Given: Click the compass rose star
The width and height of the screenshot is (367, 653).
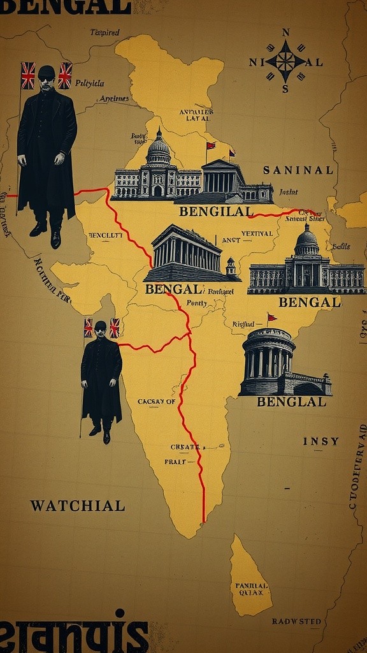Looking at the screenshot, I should click(285, 62).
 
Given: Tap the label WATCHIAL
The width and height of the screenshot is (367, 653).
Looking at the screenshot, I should click(77, 506).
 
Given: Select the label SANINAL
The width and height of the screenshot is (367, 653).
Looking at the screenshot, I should click(298, 170).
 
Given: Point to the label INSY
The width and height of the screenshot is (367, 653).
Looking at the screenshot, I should click(320, 441).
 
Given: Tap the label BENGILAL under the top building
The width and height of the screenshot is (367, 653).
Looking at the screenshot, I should click(216, 211).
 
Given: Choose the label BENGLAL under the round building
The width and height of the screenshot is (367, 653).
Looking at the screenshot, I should click(291, 402).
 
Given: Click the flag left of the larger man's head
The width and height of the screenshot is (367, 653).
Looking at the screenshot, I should click(28, 75).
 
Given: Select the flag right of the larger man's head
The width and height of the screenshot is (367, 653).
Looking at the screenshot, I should click(65, 75).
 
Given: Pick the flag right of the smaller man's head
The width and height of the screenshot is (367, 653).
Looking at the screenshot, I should click(115, 327).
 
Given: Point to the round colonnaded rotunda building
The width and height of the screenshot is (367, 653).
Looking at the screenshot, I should click(269, 361).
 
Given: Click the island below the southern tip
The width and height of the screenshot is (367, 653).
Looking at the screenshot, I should click(249, 577).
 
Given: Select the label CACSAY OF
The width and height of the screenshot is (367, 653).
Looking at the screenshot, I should click(156, 402).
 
